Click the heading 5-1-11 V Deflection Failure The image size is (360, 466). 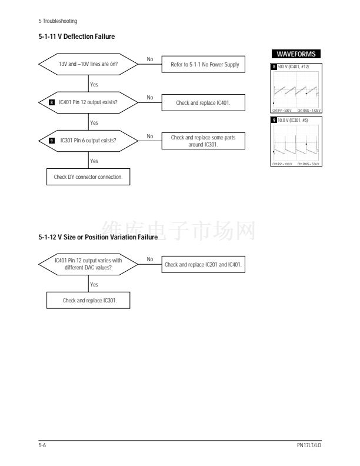[76, 36]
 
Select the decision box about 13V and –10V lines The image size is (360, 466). [88, 65]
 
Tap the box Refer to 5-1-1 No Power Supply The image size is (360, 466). [204, 65]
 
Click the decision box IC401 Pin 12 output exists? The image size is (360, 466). [88, 102]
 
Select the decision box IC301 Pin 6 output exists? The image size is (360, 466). [88, 141]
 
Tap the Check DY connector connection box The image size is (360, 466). [88, 177]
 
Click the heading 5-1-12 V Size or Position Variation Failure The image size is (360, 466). [98, 237]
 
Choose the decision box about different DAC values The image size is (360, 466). [88, 265]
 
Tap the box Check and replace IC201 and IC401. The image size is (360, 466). [204, 265]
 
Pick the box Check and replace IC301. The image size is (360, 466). [88, 301]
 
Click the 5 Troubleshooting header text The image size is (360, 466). [58, 22]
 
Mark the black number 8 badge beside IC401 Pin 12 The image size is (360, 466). [52, 102]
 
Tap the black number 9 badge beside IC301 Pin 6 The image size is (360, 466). [52, 141]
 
